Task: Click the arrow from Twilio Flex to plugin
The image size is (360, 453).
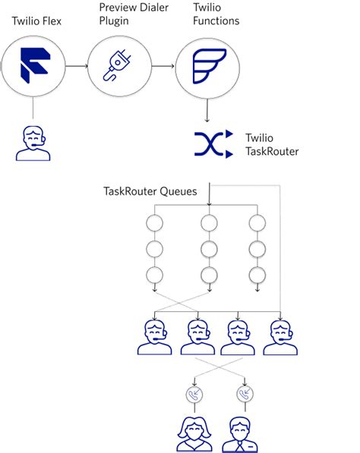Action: tap(76, 68)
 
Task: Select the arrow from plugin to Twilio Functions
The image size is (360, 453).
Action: tap(163, 68)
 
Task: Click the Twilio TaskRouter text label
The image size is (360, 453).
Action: tap(272, 144)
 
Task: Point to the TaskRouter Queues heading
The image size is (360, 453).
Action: tap(150, 191)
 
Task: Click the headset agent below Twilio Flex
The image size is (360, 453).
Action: tap(33, 143)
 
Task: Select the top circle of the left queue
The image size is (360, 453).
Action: tap(155, 223)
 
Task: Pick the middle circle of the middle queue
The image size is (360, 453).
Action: tap(207, 249)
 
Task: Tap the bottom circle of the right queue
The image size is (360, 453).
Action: tap(257, 275)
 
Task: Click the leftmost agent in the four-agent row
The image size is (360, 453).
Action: tap(155, 338)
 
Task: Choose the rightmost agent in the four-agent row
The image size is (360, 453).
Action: tap(280, 338)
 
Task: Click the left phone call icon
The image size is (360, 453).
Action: tap(194, 395)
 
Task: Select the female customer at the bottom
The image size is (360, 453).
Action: tap(194, 434)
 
